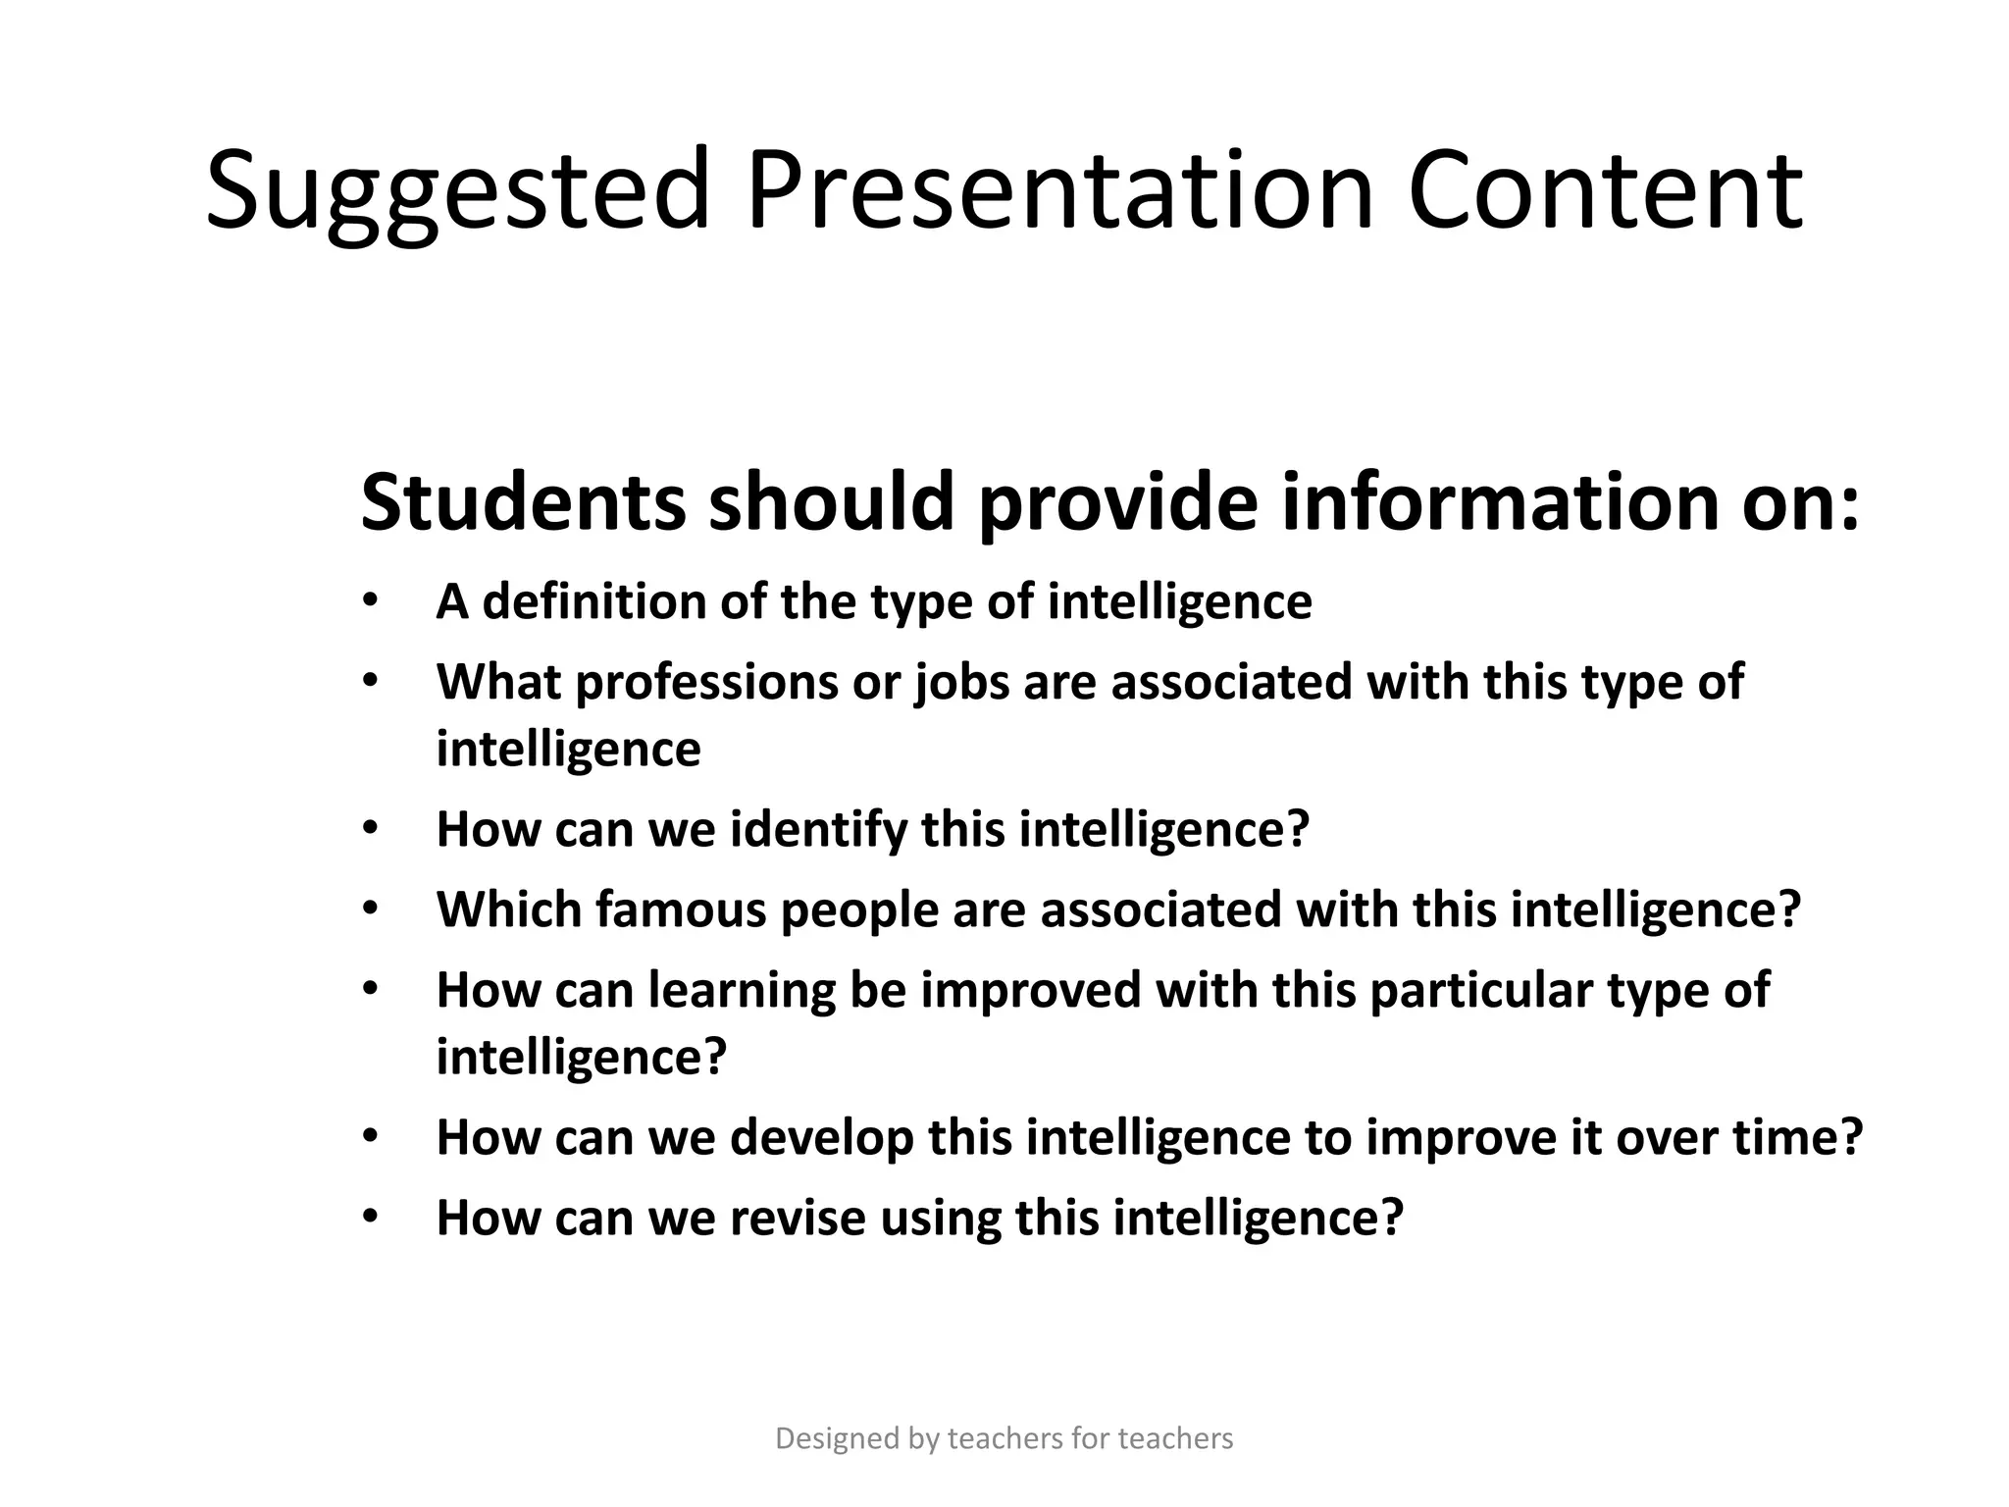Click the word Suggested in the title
(x=457, y=191)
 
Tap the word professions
(x=705, y=681)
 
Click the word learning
(x=741, y=990)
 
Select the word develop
(x=821, y=1138)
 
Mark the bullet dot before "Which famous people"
(x=369, y=909)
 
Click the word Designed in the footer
(x=837, y=1438)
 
